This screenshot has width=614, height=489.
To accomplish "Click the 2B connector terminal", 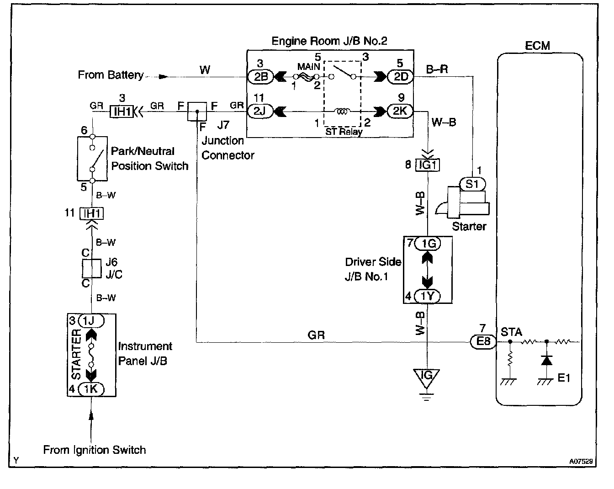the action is pos(260,77).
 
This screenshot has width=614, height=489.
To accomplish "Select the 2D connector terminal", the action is pos(400,76).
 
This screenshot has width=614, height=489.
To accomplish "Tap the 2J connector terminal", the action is pos(260,111).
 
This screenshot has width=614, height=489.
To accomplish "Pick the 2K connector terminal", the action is pos(400,111).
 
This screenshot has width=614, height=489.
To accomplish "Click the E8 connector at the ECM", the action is pos(483,341).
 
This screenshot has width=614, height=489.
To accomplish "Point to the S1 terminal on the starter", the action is pos(472,184).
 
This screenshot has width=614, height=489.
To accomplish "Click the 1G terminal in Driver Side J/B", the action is pos(428,243).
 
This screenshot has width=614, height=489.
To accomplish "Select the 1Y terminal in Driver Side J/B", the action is pos(427,296).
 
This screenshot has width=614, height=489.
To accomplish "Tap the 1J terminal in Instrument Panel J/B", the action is pos(91,320).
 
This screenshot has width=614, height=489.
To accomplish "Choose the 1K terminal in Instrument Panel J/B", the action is pos(91,389).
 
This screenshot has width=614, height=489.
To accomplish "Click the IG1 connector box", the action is pos(428,165).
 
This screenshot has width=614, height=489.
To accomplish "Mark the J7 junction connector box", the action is pos(197,112).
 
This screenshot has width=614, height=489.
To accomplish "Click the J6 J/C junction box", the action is pos(91,268).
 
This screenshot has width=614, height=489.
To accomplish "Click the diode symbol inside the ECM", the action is pos(547,361).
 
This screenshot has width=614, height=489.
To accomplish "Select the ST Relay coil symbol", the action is pos(342,111).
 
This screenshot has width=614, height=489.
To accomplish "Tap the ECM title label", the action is pos(538,46).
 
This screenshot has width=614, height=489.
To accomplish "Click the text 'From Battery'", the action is pos(111,75).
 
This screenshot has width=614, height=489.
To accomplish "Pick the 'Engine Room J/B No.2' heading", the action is pos(329,41).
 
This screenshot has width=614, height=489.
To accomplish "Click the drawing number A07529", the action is pos(581,461).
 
